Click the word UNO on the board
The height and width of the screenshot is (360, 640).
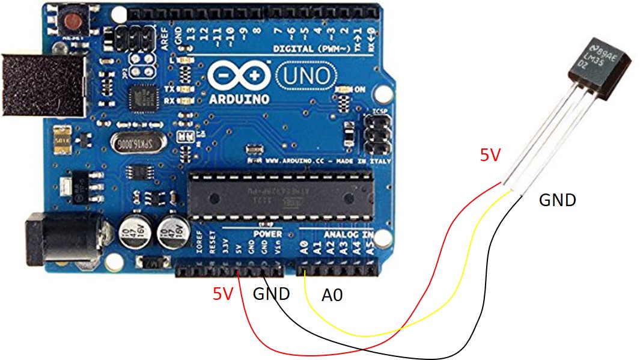(x=305, y=76)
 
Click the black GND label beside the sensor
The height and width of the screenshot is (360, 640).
(x=557, y=200)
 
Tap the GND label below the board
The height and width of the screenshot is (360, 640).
(x=272, y=294)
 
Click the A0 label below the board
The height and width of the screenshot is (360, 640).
(x=336, y=295)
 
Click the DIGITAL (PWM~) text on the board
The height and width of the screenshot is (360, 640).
(x=309, y=48)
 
